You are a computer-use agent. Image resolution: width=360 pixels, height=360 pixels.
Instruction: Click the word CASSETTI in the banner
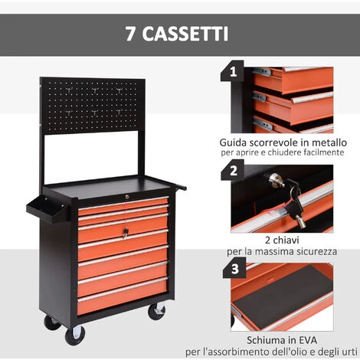point(185,34)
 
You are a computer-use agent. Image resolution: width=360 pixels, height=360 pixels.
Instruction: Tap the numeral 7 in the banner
point(130,34)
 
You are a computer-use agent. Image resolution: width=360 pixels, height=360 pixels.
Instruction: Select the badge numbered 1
point(232,71)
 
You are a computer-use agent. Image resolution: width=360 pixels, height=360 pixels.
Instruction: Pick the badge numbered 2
point(233,170)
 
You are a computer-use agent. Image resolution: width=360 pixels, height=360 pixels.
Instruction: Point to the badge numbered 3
point(234,268)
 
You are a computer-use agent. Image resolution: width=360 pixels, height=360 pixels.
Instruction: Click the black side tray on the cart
point(47,209)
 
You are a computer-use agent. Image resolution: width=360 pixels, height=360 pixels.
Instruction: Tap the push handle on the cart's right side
point(179,185)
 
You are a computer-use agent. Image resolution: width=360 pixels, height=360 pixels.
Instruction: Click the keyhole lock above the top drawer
point(127,197)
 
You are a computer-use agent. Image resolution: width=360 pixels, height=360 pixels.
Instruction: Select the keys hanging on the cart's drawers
point(125,233)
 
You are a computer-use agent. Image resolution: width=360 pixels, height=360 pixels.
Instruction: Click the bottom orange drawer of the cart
point(122,298)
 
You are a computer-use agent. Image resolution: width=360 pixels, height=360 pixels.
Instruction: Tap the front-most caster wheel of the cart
point(75,335)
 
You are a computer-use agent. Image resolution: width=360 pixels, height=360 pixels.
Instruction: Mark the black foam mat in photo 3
point(283,296)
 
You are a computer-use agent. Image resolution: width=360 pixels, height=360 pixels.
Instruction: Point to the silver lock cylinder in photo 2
point(275,180)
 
